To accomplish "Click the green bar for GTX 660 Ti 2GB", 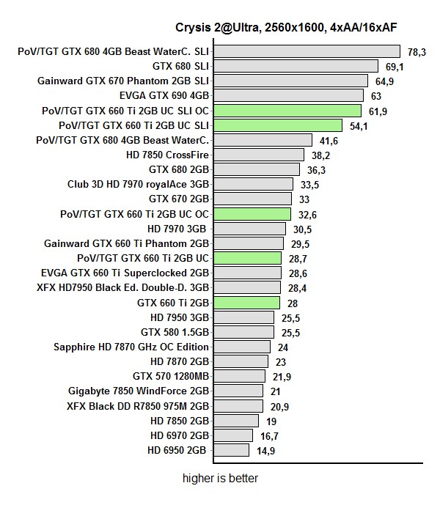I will (x=246, y=302).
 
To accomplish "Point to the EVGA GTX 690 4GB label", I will (x=164, y=95).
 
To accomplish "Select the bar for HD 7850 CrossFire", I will (x=258, y=155).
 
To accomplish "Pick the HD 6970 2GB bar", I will (x=236, y=435).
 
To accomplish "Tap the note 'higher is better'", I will (x=220, y=479).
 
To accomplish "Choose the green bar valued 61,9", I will (x=287, y=111).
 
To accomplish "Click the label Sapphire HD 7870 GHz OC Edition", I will (x=131, y=347).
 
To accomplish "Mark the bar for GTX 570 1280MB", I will (x=238, y=376).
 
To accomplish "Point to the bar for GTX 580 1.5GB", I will (x=243, y=332).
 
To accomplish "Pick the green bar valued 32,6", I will (x=252, y=214).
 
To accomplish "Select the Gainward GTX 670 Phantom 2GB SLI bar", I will (x=290, y=81).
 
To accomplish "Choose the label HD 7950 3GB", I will (x=180, y=317).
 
